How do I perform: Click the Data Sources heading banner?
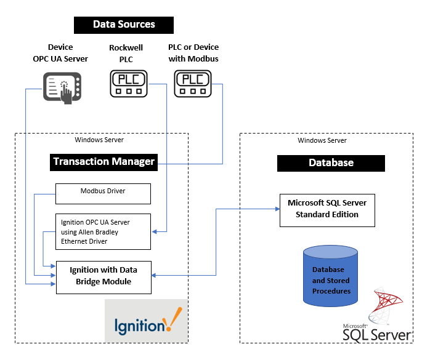(124, 25)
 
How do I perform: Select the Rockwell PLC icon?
(129, 83)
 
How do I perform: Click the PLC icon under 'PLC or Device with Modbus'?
(193, 83)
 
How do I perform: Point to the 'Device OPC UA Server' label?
(60, 53)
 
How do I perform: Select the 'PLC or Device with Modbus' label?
(193, 53)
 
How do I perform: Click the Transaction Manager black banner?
(103, 162)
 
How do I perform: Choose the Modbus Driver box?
(103, 194)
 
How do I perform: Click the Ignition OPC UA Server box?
(103, 231)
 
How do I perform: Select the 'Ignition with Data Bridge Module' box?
(103, 277)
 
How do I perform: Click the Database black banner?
(331, 163)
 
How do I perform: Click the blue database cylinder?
(331, 276)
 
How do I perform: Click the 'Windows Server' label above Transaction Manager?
(99, 140)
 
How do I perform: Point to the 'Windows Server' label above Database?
(322, 140)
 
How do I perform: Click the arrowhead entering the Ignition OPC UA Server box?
(155, 231)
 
